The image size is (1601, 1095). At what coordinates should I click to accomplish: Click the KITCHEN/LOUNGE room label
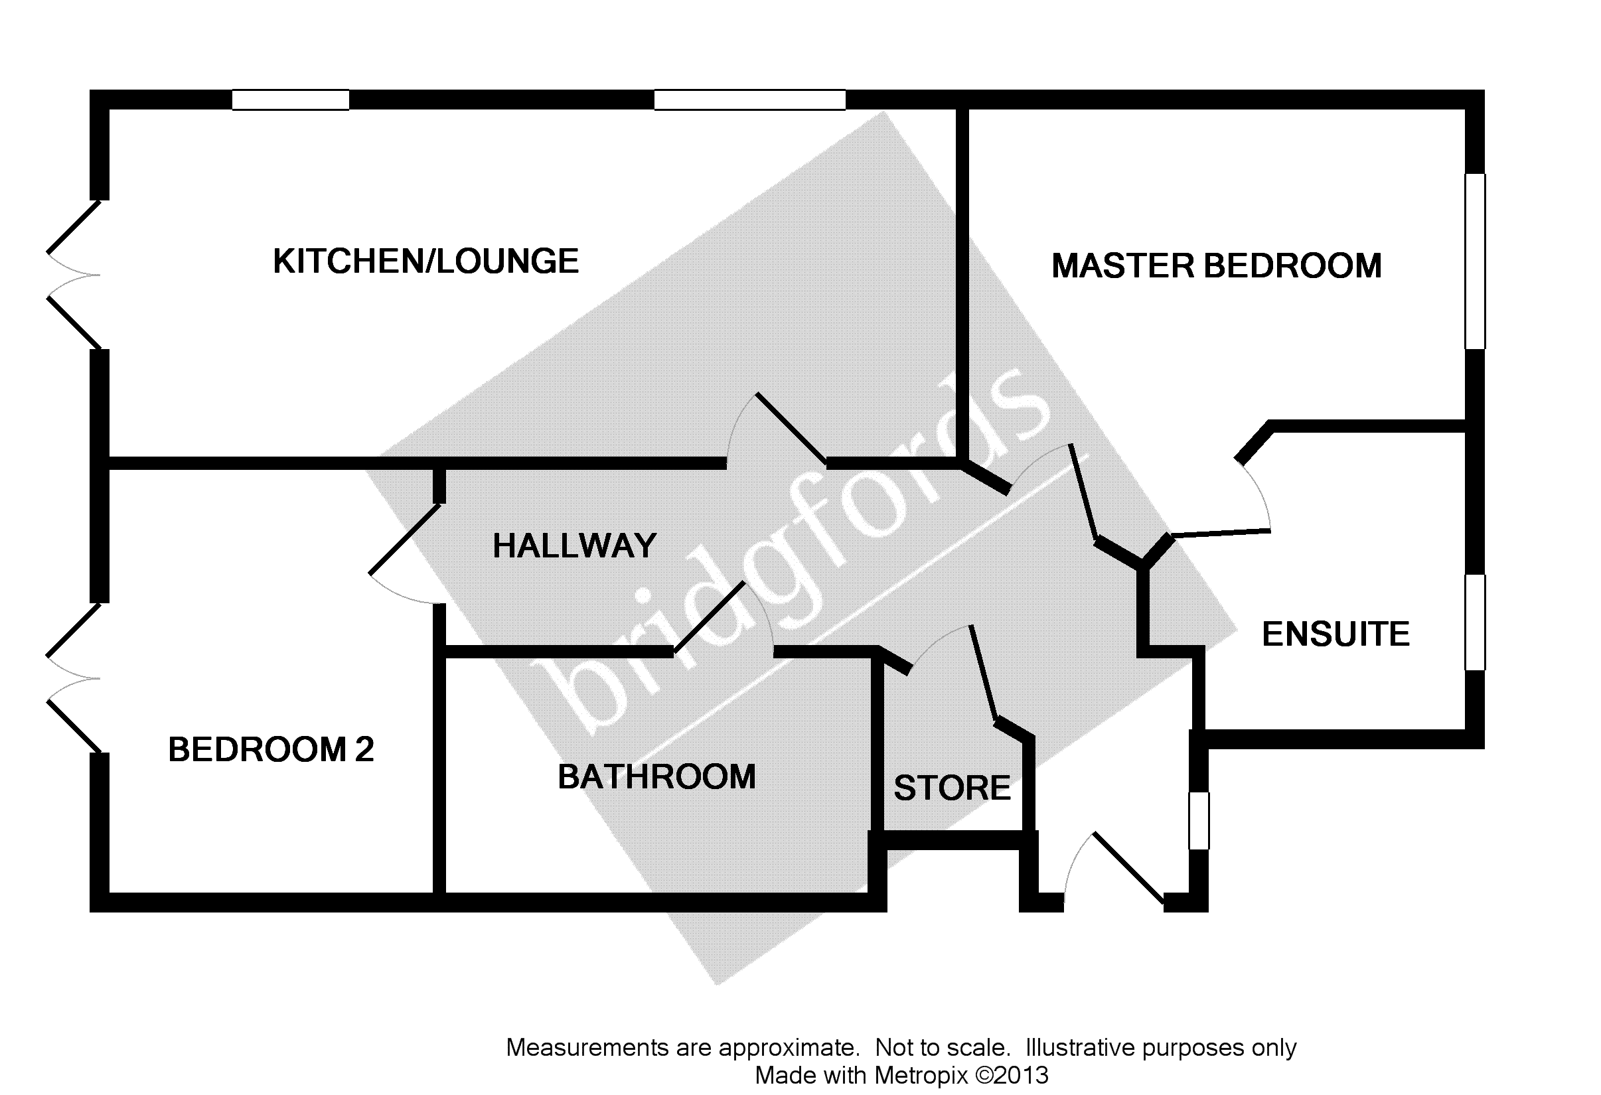click(425, 261)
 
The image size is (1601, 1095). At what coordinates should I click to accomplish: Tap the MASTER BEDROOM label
click(1216, 267)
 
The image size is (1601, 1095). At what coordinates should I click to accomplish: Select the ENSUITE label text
click(1335, 634)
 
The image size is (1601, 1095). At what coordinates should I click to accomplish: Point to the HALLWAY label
click(574, 546)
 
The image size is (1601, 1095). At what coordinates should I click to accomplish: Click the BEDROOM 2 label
click(271, 749)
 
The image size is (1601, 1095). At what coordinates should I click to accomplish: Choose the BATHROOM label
click(656, 777)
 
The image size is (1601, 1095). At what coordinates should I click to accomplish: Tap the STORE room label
click(951, 788)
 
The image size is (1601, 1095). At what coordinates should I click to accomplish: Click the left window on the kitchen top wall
click(290, 100)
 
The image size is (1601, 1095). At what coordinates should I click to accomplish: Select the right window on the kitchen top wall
click(749, 100)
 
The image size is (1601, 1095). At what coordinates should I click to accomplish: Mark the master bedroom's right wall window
click(1474, 261)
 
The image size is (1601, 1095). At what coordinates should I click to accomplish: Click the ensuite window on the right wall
click(1474, 622)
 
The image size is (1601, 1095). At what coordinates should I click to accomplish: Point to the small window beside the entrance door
click(1199, 820)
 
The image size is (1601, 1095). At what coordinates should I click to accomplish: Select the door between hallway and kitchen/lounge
click(779, 431)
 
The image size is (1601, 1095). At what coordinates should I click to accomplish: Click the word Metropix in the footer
click(921, 1075)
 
